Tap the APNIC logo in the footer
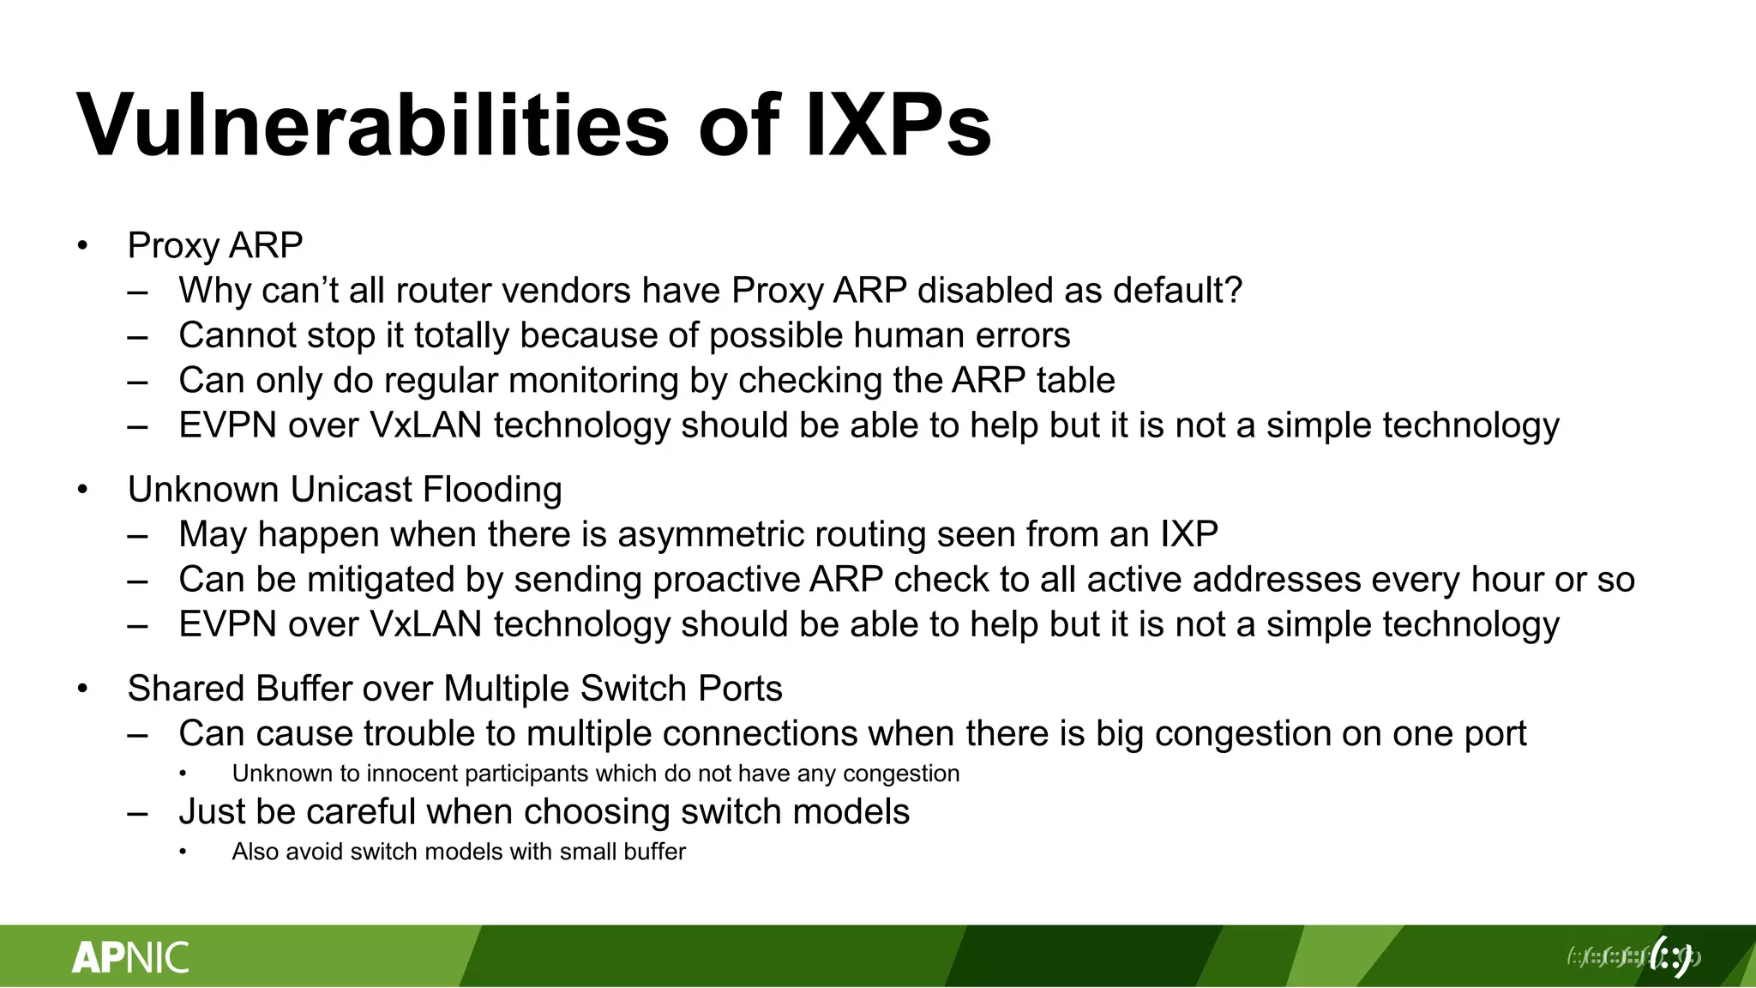click(130, 957)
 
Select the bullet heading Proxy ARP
click(214, 245)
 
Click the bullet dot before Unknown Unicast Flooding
click(82, 490)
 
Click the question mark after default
click(1234, 290)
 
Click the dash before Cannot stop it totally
click(137, 336)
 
